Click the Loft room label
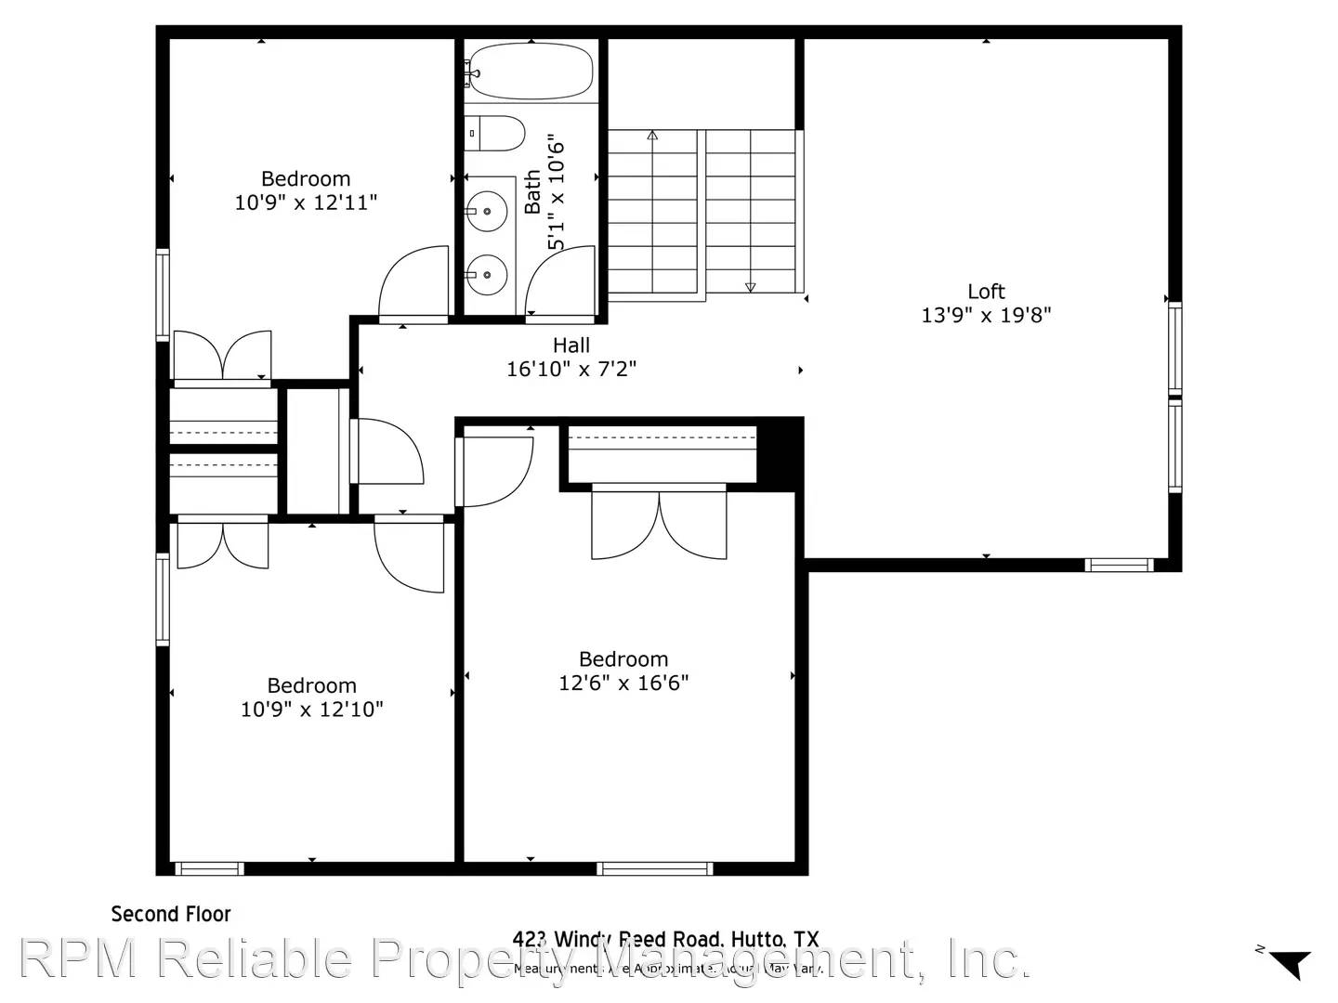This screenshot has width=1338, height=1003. click(986, 292)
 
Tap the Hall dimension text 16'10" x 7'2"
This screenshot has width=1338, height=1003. click(571, 369)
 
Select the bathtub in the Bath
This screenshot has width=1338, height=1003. click(529, 72)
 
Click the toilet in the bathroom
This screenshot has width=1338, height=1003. click(495, 134)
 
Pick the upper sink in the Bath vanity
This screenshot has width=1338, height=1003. click(486, 212)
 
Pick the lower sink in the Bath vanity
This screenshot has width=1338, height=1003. click(486, 274)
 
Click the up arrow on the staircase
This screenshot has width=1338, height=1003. click(652, 136)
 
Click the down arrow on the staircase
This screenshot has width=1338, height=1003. click(751, 287)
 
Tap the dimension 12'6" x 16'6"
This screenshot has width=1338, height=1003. click(623, 683)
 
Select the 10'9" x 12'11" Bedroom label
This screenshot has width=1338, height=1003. click(306, 178)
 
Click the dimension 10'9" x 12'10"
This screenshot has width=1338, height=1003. click(311, 710)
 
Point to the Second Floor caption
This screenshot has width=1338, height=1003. click(171, 914)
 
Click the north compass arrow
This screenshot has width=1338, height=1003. click(1291, 963)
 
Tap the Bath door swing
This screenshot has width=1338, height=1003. click(560, 283)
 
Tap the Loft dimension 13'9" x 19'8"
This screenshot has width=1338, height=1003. click(986, 315)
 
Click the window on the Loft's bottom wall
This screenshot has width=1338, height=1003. click(1119, 565)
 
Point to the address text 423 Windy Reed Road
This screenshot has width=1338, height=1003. click(665, 940)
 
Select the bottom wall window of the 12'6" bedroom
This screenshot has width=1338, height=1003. click(654, 869)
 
